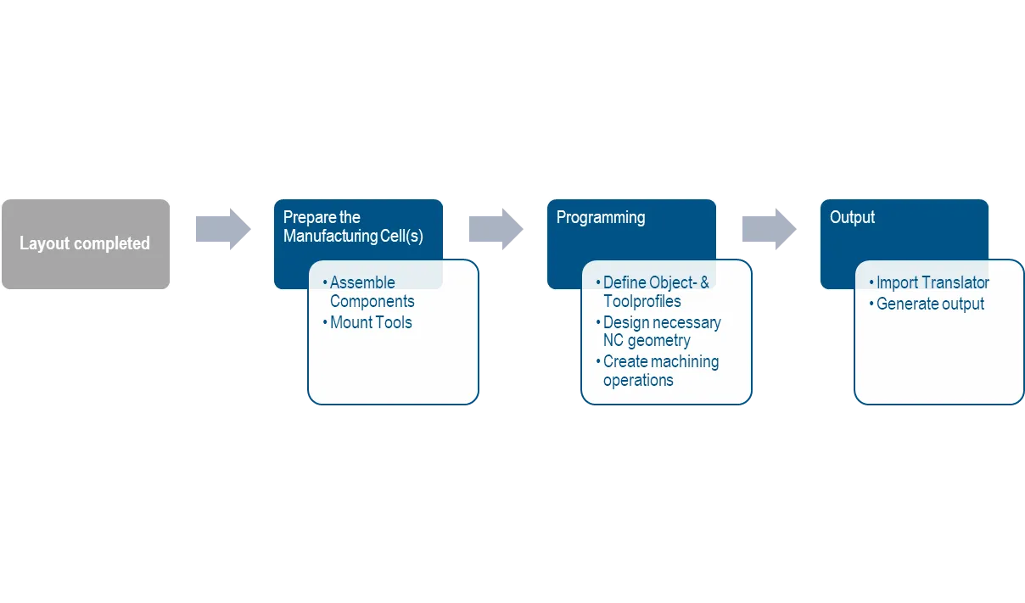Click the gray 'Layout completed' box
(86, 244)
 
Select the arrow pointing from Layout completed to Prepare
(223, 229)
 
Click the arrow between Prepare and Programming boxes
(496, 229)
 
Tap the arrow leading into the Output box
(770, 229)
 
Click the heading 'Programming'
(601, 218)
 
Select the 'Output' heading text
(852, 217)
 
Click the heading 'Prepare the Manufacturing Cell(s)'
(353, 226)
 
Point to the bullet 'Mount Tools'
(367, 322)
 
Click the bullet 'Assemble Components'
(368, 292)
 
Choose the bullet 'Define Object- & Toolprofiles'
(653, 292)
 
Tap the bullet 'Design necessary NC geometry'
(658, 332)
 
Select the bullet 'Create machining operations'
(658, 371)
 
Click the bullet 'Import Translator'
(929, 282)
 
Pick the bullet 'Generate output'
(927, 304)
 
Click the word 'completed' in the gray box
(112, 243)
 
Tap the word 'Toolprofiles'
(642, 302)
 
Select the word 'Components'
(372, 302)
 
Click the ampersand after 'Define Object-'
(704, 282)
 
